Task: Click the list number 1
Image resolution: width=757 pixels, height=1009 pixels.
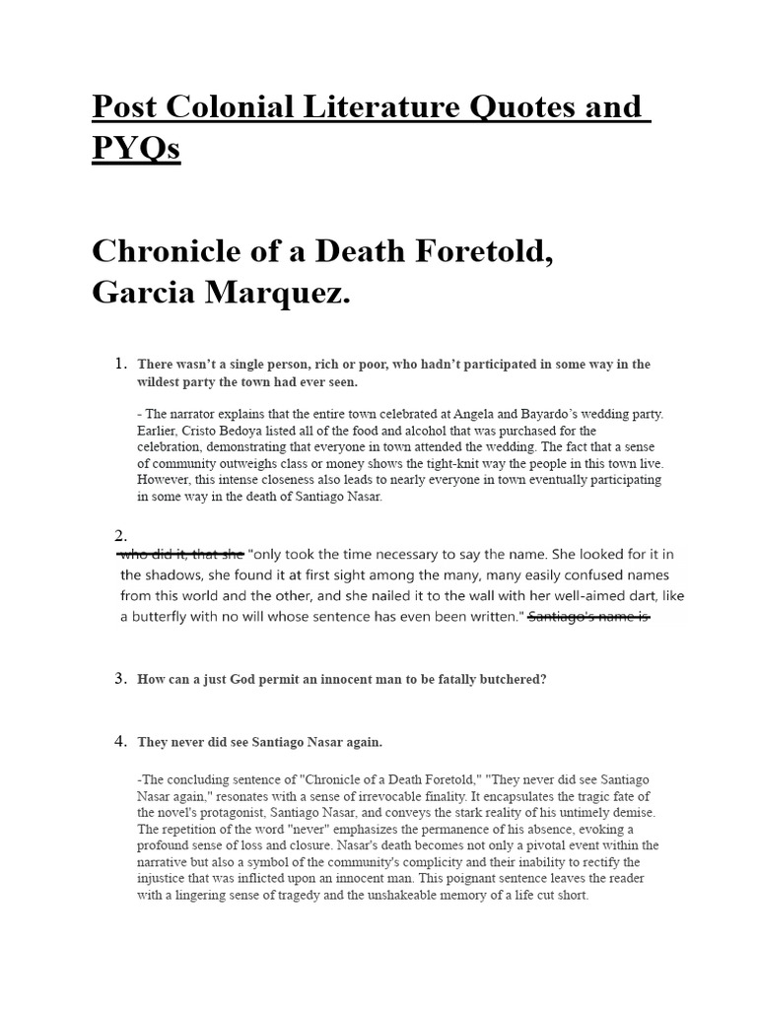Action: pyautogui.click(x=121, y=364)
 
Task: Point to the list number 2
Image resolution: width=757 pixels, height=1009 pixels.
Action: pyautogui.click(x=121, y=535)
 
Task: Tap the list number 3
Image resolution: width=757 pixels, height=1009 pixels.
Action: pyautogui.click(x=121, y=678)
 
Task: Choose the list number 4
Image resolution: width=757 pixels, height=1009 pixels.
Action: pyautogui.click(x=121, y=741)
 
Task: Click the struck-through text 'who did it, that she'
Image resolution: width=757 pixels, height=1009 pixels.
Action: pyautogui.click(x=181, y=554)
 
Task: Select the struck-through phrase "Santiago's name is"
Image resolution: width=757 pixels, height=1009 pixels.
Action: pyautogui.click(x=588, y=617)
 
